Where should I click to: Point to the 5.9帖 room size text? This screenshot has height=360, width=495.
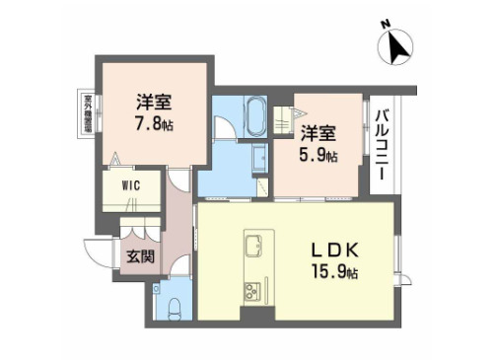click(x=319, y=155)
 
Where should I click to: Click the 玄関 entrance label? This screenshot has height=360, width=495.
click(x=138, y=257)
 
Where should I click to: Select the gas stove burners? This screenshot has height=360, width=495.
click(x=250, y=291)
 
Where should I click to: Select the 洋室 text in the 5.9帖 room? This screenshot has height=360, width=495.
click(x=319, y=134)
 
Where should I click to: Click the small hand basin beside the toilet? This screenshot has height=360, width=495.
click(x=161, y=291)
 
